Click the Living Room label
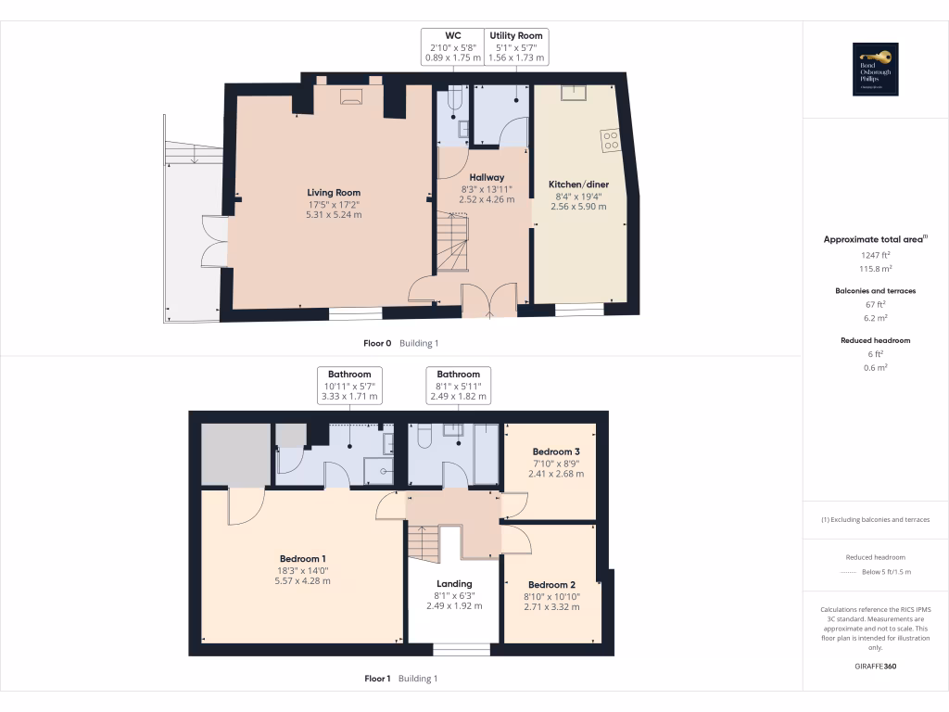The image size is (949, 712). point(334,193)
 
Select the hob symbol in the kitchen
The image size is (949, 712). point(611,141)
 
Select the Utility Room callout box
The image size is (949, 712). point(516,46)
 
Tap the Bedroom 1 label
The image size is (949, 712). point(302,559)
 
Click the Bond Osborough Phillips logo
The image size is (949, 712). point(875,70)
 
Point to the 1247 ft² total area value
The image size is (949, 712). point(875,254)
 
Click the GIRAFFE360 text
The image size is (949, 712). point(875,667)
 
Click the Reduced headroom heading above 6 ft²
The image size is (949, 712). point(875,340)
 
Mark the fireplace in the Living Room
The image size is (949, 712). point(349,95)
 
